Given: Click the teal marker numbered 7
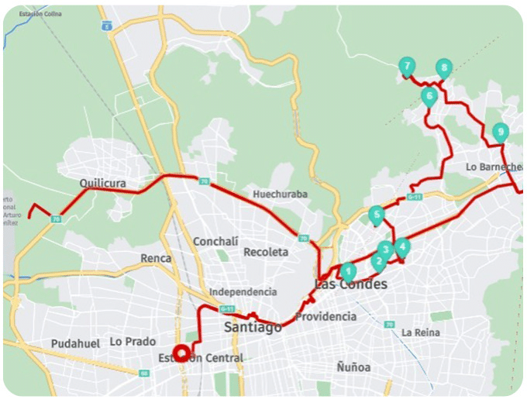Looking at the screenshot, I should click(x=406, y=67).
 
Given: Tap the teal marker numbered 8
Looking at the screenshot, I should click(x=443, y=67).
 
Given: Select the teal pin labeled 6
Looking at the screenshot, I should click(x=429, y=97).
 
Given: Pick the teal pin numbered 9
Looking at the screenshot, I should click(x=501, y=132).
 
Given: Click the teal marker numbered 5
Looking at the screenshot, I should click(x=377, y=215).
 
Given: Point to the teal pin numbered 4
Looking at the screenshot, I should click(x=401, y=247).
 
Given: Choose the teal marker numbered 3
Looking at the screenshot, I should click(x=384, y=250).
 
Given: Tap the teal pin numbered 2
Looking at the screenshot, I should click(x=378, y=261).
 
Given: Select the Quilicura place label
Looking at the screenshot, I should click(x=102, y=184).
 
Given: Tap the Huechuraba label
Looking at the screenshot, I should click(x=280, y=194).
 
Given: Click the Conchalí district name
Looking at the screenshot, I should click(x=215, y=241).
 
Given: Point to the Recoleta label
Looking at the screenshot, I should click(x=266, y=252).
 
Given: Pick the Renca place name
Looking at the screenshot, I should click(x=156, y=258).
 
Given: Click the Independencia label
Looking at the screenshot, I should click(x=243, y=291).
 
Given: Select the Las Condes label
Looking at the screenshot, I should click(x=352, y=285).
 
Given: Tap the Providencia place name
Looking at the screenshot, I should click(x=325, y=316).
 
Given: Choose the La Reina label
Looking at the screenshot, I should click(x=421, y=332).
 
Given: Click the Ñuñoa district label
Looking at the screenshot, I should click(x=353, y=367).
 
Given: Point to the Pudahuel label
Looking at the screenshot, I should click(x=76, y=343).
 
